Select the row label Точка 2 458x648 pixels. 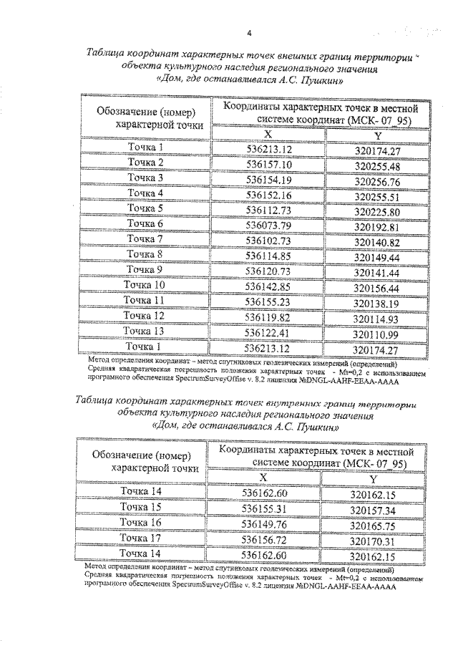(146, 163)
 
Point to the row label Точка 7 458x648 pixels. (146, 238)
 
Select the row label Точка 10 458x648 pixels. (146, 284)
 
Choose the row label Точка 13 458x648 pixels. (146, 331)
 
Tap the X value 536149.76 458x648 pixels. (265, 524)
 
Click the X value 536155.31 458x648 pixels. (265, 508)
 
